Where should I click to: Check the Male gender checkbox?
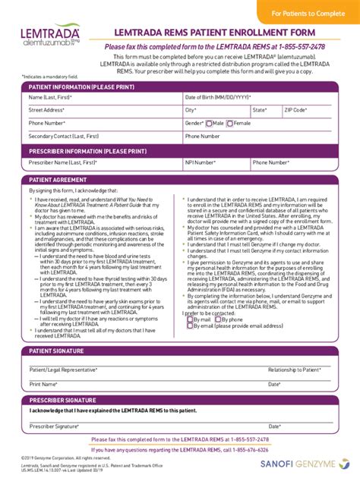[209, 123]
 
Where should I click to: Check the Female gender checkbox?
[229, 123]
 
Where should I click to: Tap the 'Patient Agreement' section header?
[53, 179]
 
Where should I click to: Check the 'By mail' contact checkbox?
[190, 320]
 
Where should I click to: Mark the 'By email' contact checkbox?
[190, 327]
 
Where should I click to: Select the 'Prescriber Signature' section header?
[63, 400]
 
